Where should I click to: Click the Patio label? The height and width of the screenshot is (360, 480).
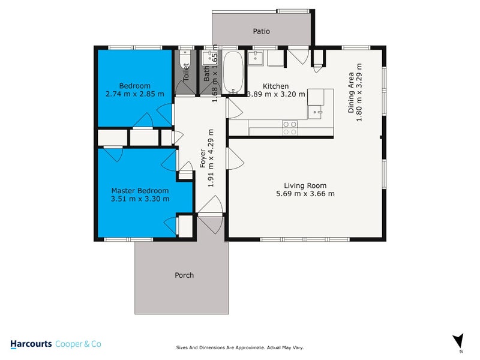click(261, 31)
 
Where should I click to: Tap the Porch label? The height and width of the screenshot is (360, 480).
click(184, 275)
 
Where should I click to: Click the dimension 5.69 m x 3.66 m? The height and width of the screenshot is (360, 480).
click(305, 194)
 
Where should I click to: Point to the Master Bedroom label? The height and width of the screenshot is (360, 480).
click(132, 191)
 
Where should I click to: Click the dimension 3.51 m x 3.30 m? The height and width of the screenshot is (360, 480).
click(132, 199)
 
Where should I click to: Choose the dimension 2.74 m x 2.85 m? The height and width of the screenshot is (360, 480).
click(134, 94)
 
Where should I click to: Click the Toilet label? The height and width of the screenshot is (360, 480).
click(186, 72)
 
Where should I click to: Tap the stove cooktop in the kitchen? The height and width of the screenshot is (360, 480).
click(290, 128)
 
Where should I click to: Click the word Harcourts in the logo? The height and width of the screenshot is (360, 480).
click(31, 344)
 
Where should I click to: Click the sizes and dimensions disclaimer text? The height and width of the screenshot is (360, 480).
click(240, 347)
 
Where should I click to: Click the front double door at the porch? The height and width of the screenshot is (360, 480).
click(211, 223)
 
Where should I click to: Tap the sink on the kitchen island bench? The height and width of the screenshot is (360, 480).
click(318, 111)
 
